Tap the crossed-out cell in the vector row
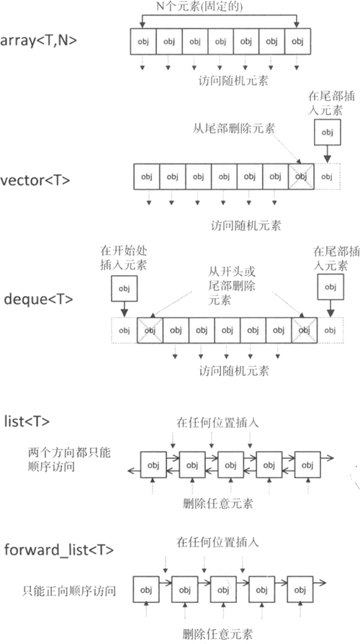pyautogui.click(x=301, y=176)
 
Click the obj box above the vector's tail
pyautogui.click(x=328, y=133)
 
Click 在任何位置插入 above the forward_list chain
pyautogui.click(x=217, y=541)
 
